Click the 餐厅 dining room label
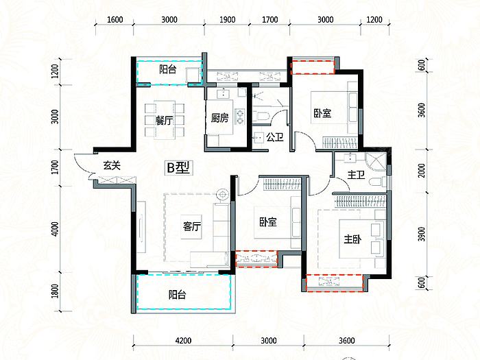pyautogui.click(x=164, y=120)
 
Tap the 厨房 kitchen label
pyautogui.click(x=219, y=117)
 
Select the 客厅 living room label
pyautogui.click(x=192, y=226)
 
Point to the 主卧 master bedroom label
pyautogui.click(x=352, y=239)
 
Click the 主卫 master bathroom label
pyautogui.click(x=356, y=175)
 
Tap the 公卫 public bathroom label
pyautogui.click(x=274, y=137)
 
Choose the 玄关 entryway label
pyautogui.click(x=112, y=166)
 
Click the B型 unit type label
pyautogui.click(x=178, y=167)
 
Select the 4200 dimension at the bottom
pyautogui.click(x=183, y=340)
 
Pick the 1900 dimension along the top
pyautogui.click(x=227, y=20)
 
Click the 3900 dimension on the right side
pyautogui.click(x=422, y=235)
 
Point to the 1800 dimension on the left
pyautogui.click(x=55, y=291)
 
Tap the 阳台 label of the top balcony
pyautogui.click(x=168, y=69)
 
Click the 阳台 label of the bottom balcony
pyautogui.click(x=177, y=295)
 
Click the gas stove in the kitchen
pyautogui.click(x=240, y=117)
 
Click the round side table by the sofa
pyautogui.click(x=223, y=195)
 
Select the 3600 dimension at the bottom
pyautogui.click(x=347, y=340)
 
